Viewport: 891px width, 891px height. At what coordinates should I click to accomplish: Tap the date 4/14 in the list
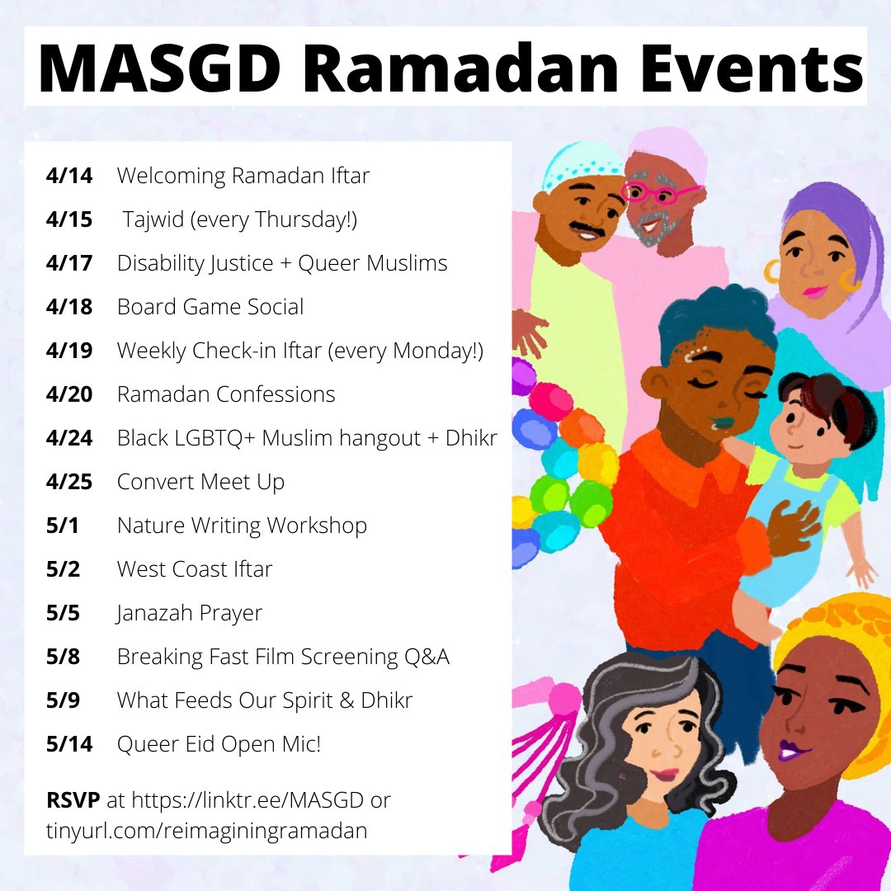pyautogui.click(x=69, y=176)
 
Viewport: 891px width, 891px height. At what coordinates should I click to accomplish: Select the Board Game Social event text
pyautogui.click(x=210, y=307)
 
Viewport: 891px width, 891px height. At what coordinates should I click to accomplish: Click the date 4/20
pyautogui.click(x=69, y=394)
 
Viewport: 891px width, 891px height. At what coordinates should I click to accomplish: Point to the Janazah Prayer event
pyautogui.click(x=190, y=613)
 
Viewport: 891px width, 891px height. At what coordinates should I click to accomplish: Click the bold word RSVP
pyautogui.click(x=73, y=800)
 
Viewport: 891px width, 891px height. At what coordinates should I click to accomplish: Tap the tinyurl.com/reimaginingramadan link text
pyautogui.click(x=206, y=831)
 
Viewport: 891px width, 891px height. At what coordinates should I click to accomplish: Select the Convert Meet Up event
pyautogui.click(x=200, y=482)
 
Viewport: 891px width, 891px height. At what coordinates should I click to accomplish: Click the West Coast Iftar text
pyautogui.click(x=195, y=569)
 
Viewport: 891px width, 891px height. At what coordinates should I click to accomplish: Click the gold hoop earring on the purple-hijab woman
pyautogui.click(x=773, y=271)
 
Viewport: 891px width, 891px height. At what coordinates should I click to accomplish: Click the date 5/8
pyautogui.click(x=64, y=657)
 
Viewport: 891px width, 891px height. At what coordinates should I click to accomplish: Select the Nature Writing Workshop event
pyautogui.click(x=242, y=526)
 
